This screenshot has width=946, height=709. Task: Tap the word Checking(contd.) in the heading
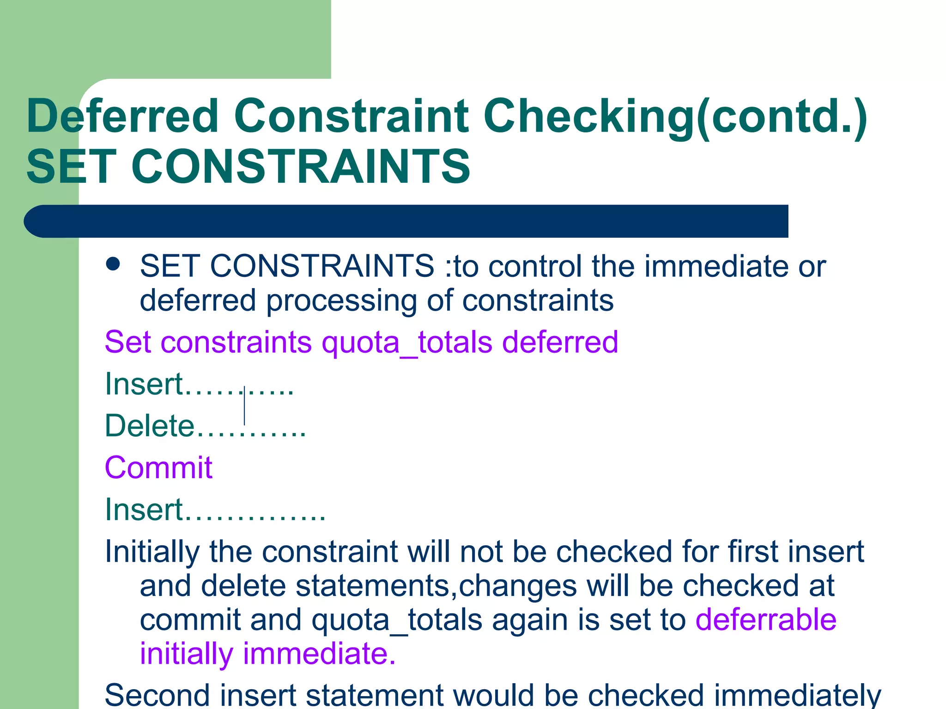tap(675, 116)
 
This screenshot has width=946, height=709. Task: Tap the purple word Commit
tap(158, 468)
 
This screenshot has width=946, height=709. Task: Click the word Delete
tap(150, 426)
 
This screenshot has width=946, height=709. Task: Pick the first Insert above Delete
tap(144, 384)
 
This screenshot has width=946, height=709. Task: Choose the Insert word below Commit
tap(144, 510)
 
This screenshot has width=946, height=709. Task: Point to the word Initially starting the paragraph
tap(152, 552)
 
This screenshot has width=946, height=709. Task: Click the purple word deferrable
tap(766, 619)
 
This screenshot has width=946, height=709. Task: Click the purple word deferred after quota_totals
tap(560, 342)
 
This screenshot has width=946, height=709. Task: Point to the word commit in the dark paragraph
tap(190, 620)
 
